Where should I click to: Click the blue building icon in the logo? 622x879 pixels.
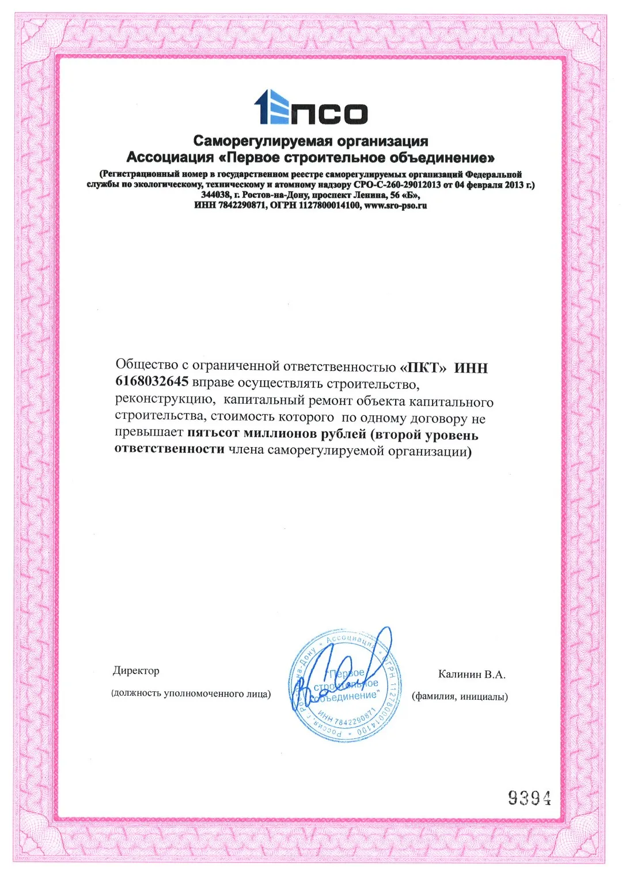click(x=271, y=107)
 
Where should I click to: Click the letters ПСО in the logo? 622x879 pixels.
click(x=329, y=113)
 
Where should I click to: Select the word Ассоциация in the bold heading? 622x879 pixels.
click(x=170, y=158)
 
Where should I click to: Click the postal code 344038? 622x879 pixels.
click(x=216, y=195)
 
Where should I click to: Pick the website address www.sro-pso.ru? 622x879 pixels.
click(x=396, y=206)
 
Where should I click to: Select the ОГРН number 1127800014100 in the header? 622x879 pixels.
click(x=329, y=206)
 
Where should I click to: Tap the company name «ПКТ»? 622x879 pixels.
click(x=423, y=368)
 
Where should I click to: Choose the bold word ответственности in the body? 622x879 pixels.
click(x=169, y=449)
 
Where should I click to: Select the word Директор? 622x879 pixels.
click(x=136, y=671)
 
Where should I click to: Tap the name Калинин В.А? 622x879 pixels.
click(x=471, y=675)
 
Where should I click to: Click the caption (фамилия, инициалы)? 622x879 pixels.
click(x=460, y=697)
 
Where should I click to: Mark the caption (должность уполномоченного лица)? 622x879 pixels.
click(x=191, y=694)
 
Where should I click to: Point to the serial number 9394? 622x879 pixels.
click(x=529, y=798)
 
